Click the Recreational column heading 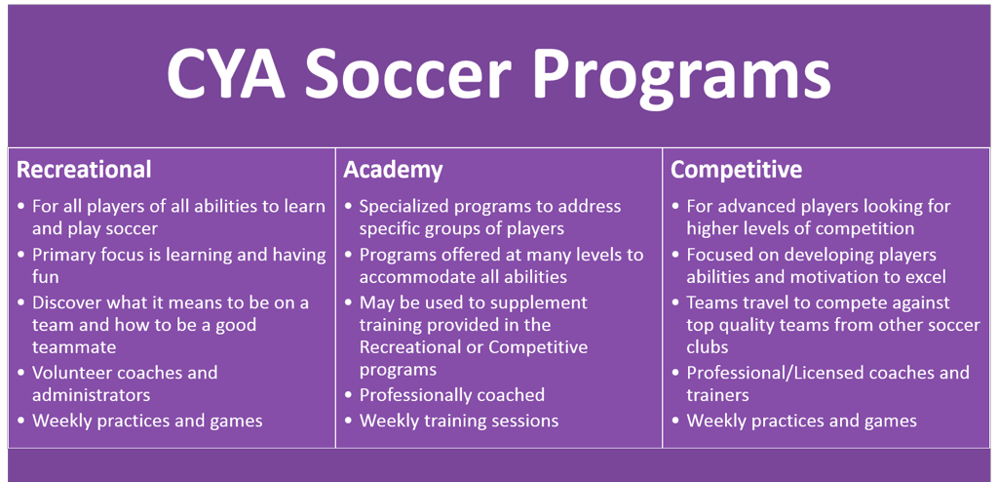coord(84,170)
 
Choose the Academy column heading coord(393,170)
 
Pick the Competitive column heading coord(737,170)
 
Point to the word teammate coord(74,347)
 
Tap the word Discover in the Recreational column coord(71,301)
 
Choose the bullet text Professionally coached coord(452,395)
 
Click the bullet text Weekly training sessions coord(459,422)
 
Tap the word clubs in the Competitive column coord(708,347)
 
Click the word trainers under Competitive coord(718,395)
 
